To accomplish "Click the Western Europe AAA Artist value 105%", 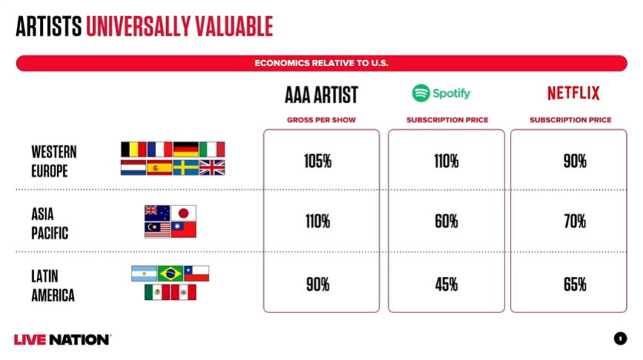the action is click(x=318, y=161).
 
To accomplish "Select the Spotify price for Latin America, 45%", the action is click(x=446, y=284).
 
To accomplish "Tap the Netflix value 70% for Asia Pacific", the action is click(x=575, y=222).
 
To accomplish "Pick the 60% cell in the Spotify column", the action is click(x=446, y=222).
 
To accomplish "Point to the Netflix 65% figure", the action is click(x=575, y=284).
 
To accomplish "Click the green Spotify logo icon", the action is click(x=421, y=93).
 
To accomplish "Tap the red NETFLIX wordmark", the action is click(x=573, y=93).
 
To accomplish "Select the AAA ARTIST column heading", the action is click(x=321, y=95).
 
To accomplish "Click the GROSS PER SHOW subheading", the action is click(x=321, y=120).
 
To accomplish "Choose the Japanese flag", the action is click(x=183, y=213).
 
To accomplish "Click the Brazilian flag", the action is click(x=170, y=274).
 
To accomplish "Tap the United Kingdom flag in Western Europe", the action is click(x=212, y=168).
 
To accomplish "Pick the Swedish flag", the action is click(x=186, y=168).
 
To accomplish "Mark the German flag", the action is click(x=186, y=150).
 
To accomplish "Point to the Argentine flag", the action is click(x=144, y=274).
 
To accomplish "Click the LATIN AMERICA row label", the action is click(x=53, y=286).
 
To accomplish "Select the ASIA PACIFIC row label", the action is click(x=50, y=224).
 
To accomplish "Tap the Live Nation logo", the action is click(x=62, y=339).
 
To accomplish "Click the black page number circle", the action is click(x=620, y=338).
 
